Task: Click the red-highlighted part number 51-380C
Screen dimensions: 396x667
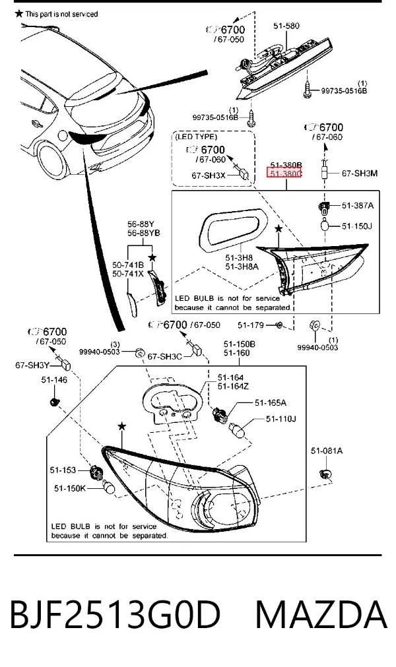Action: tap(284, 173)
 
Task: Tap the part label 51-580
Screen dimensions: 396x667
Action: tap(286, 26)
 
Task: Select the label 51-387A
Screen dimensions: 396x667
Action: tap(358, 206)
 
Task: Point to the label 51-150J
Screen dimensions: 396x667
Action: tap(357, 226)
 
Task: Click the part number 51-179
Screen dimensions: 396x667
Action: tap(251, 325)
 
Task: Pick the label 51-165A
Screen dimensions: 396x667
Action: tap(271, 402)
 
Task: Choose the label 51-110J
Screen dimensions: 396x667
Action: tap(280, 419)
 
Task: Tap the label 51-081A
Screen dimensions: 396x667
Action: tap(326, 451)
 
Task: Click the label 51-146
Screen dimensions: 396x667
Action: tap(54, 380)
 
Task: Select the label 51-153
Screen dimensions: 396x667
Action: tap(63, 470)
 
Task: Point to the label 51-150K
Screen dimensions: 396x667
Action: tap(70, 489)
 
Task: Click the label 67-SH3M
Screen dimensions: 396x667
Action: tap(360, 174)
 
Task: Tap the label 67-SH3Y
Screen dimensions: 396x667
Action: tap(32, 365)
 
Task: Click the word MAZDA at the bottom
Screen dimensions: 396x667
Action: tap(321, 615)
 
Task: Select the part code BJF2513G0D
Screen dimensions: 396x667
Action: tap(115, 615)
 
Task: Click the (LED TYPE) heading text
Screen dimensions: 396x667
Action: tap(195, 137)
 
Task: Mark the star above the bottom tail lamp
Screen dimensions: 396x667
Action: tap(122, 426)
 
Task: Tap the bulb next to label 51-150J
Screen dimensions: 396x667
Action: tap(326, 224)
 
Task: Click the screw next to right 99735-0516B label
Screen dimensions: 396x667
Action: tap(308, 89)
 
